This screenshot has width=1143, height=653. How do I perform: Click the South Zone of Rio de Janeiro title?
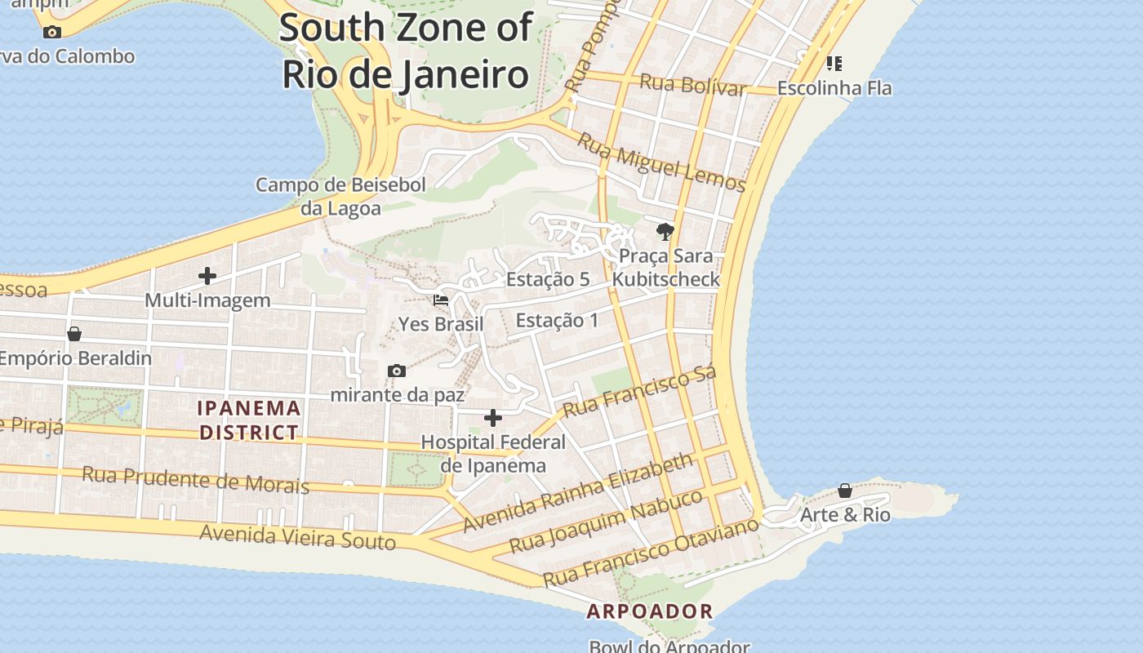click(x=406, y=51)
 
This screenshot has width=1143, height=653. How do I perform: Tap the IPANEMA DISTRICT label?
click(x=250, y=420)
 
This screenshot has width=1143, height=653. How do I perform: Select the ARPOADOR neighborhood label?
click(x=650, y=611)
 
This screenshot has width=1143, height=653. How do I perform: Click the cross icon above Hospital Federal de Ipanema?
click(x=493, y=418)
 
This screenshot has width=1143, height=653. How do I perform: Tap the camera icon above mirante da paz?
click(x=397, y=371)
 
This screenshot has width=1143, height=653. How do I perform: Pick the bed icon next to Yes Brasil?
click(x=441, y=300)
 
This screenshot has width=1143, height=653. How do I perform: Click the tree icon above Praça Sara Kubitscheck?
click(x=665, y=232)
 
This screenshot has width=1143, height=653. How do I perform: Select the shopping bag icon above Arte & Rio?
click(x=845, y=491)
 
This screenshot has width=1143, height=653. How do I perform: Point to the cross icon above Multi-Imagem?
click(x=207, y=276)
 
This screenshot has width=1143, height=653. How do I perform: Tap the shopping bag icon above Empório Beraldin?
click(x=74, y=334)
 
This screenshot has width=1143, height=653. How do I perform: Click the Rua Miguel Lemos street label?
click(x=661, y=163)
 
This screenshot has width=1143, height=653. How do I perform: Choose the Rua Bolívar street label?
click(x=692, y=84)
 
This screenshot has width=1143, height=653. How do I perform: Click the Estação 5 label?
click(x=547, y=279)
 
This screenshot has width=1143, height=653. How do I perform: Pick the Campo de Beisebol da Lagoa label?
click(x=340, y=197)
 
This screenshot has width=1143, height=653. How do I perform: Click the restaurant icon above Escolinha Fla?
click(x=834, y=63)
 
